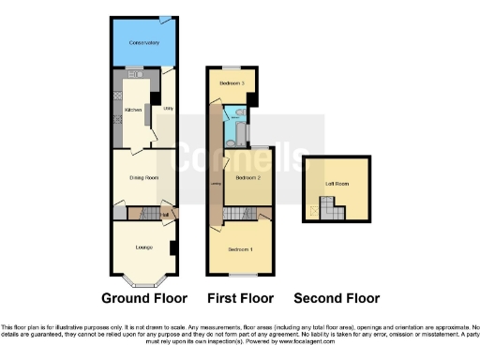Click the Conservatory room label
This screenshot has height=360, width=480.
pos(143,43)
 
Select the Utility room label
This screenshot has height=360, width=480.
pos(168,109)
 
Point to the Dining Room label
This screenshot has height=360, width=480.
pos(143,176)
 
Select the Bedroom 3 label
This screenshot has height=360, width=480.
pos(232,83)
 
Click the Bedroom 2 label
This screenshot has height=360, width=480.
pos(247,177)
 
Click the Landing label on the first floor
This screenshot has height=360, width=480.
pos(217,183)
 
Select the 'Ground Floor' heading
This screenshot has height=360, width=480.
pos(142,299)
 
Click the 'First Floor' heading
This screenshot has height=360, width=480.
pos(241,299)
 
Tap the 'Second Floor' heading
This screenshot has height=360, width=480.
pos(337,299)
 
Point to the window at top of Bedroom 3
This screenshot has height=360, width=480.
pos(231,67)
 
